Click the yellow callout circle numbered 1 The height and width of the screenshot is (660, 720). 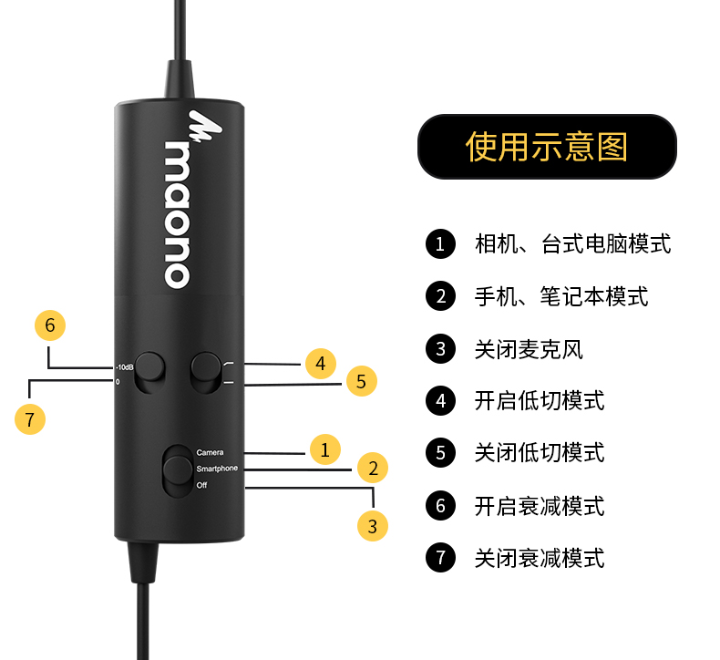point(324,449)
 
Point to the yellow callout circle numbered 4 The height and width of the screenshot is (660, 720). point(320,365)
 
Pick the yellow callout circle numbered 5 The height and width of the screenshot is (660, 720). point(361,382)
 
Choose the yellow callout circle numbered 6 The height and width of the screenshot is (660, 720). point(50,325)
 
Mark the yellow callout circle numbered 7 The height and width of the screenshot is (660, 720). point(31,418)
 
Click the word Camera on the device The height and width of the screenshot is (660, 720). point(210,452)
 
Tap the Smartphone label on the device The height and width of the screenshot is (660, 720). point(217,469)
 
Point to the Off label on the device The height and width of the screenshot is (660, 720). point(202,485)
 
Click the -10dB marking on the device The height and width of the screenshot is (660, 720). point(125,368)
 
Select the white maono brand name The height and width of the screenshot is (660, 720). point(179,213)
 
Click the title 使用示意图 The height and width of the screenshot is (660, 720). point(547,146)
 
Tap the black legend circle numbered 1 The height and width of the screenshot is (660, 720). point(440,244)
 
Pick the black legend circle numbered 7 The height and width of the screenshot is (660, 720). point(440,558)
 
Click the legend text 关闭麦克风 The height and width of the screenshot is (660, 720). point(529,349)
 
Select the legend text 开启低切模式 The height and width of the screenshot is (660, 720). point(540,401)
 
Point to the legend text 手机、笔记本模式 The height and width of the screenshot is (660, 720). point(561,296)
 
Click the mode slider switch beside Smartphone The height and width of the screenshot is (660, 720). point(175,471)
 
